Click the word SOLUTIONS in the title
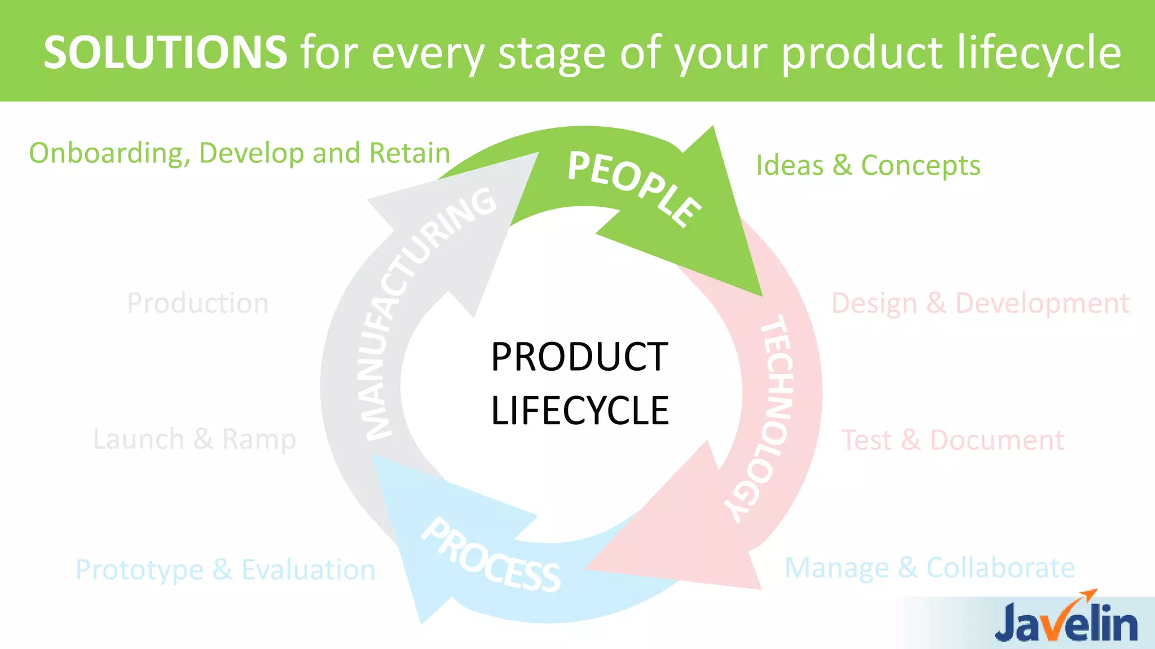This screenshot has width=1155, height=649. click(165, 52)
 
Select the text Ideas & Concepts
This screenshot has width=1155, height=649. click(867, 166)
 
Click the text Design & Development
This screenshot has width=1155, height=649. click(980, 304)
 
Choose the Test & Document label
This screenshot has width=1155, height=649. click(953, 440)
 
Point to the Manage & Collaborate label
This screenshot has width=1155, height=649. click(929, 567)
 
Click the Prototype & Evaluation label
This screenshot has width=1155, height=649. click(225, 570)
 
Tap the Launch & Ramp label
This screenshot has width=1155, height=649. click(194, 439)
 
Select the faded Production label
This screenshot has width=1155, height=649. click(197, 303)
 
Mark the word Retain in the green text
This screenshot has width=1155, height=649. click(409, 153)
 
